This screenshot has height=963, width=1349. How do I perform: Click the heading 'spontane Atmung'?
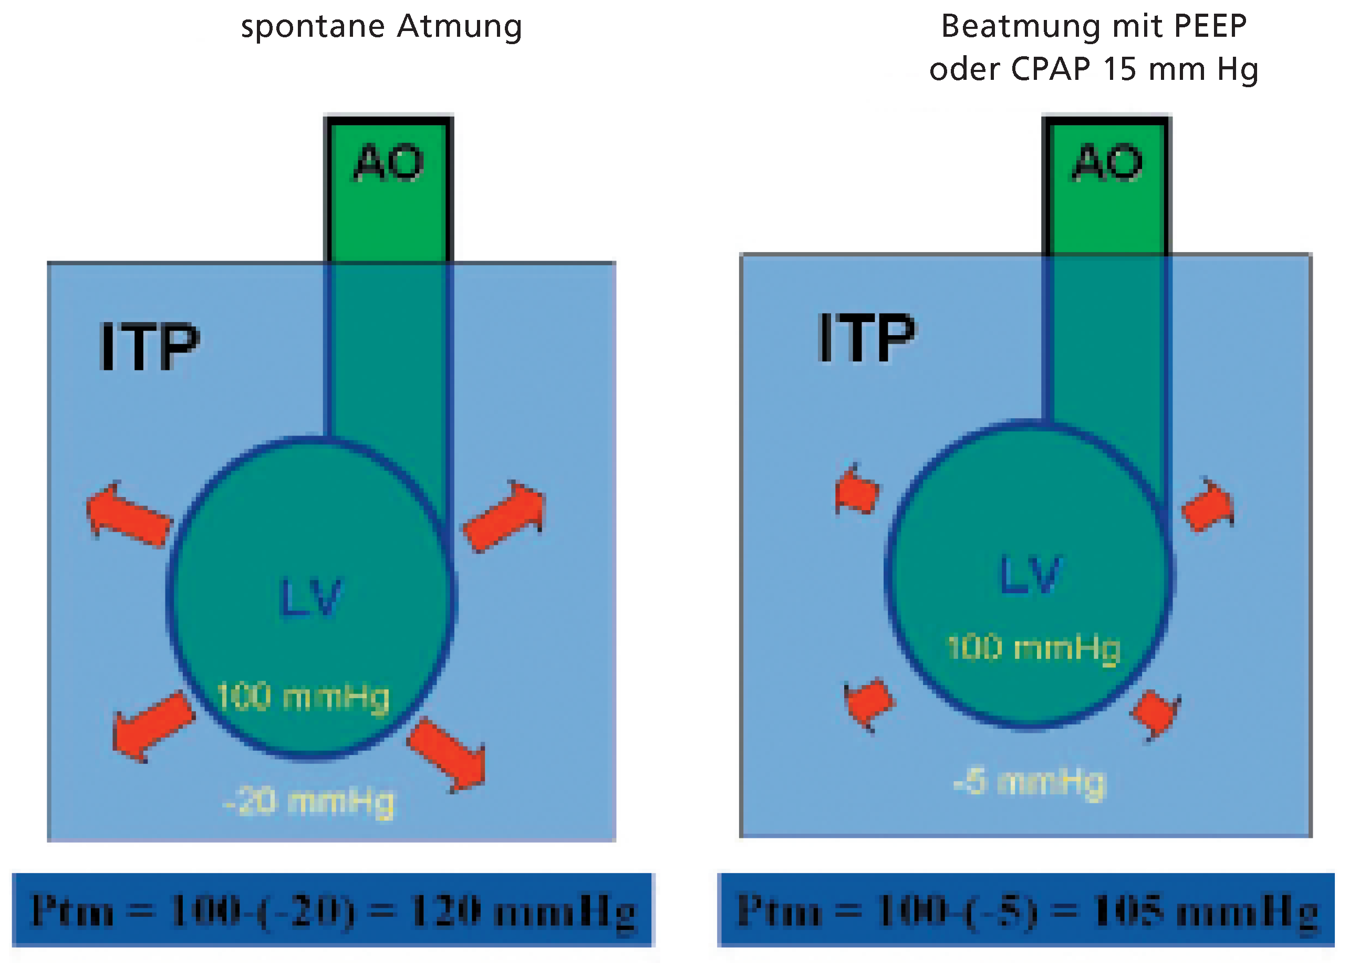(381, 27)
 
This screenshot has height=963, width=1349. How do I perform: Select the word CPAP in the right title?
(1050, 69)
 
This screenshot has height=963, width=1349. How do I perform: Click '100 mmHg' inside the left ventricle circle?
(303, 697)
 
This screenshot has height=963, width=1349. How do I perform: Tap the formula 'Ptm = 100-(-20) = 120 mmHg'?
(333, 911)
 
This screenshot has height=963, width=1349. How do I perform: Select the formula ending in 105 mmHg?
(1026, 911)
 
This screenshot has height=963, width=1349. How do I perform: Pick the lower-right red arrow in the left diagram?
(450, 754)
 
